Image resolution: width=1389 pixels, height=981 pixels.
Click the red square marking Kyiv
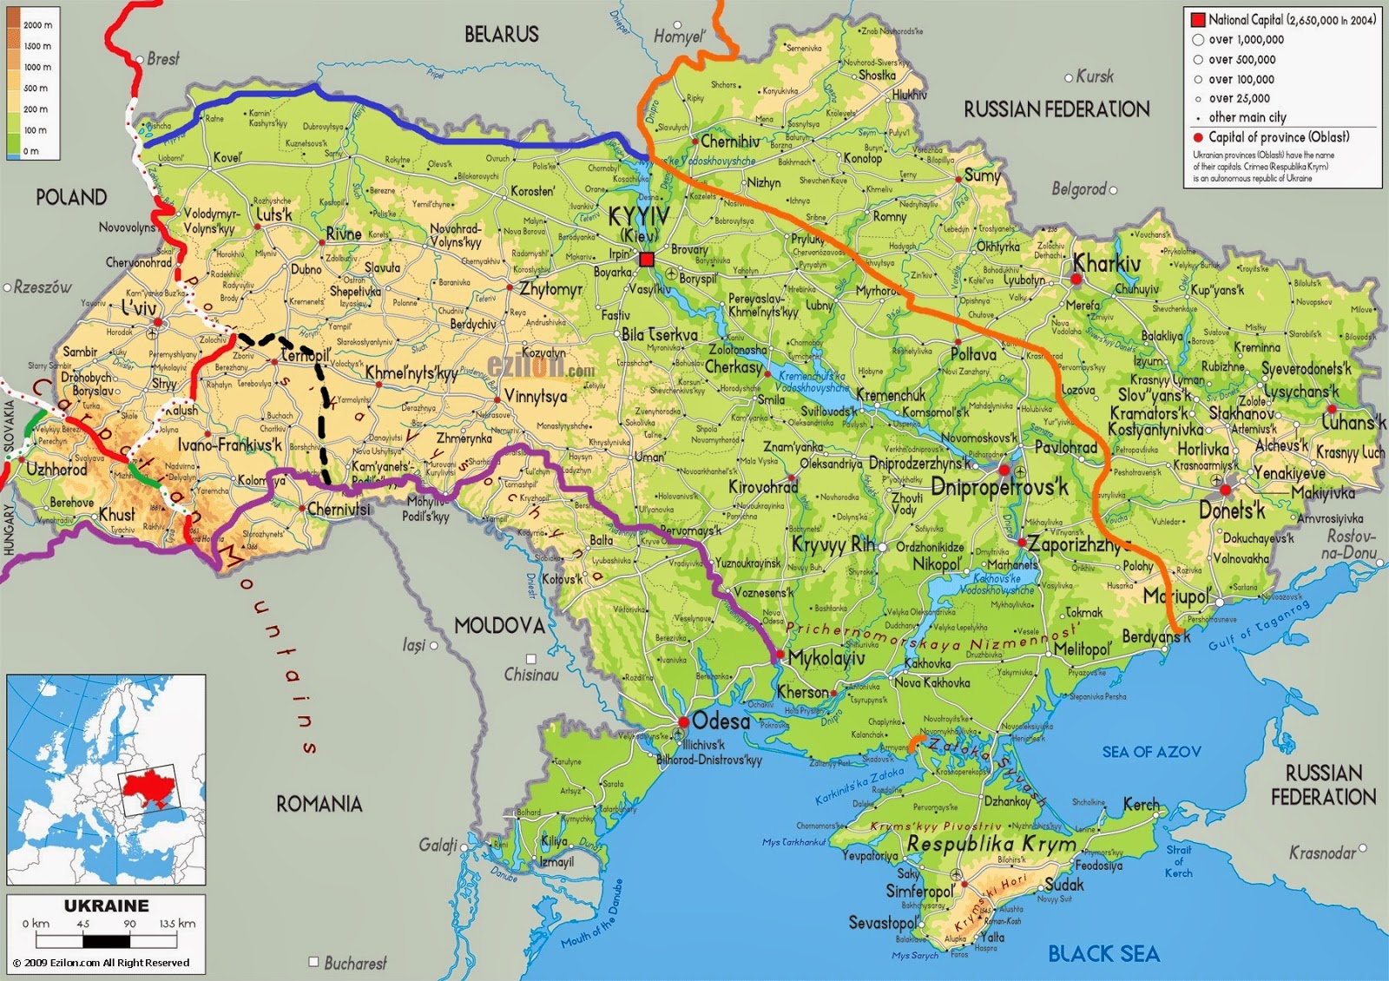(x=646, y=259)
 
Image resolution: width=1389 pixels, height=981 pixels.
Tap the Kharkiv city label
(x=1107, y=263)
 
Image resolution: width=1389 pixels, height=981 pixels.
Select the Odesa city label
(x=721, y=721)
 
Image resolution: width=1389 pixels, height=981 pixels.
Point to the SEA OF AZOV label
(x=1151, y=752)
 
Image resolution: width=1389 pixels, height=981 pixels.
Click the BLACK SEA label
(x=1103, y=953)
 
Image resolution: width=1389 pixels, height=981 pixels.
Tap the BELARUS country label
(x=501, y=35)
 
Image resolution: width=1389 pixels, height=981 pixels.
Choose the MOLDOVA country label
(x=499, y=625)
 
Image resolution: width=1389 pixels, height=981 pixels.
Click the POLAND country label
(x=71, y=197)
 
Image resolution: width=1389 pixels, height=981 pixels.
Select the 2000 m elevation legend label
(x=37, y=25)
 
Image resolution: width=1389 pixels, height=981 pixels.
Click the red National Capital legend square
(x=1198, y=20)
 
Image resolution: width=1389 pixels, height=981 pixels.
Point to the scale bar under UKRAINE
(x=107, y=941)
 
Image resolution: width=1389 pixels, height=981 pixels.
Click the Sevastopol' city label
(x=883, y=922)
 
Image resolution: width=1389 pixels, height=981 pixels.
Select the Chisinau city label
(x=530, y=675)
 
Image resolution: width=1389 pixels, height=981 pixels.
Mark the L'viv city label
(x=139, y=308)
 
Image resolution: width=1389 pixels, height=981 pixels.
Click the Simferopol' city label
(x=919, y=892)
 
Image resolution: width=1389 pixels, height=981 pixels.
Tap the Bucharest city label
(x=355, y=963)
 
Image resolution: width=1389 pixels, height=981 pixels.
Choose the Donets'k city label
(x=1232, y=510)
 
